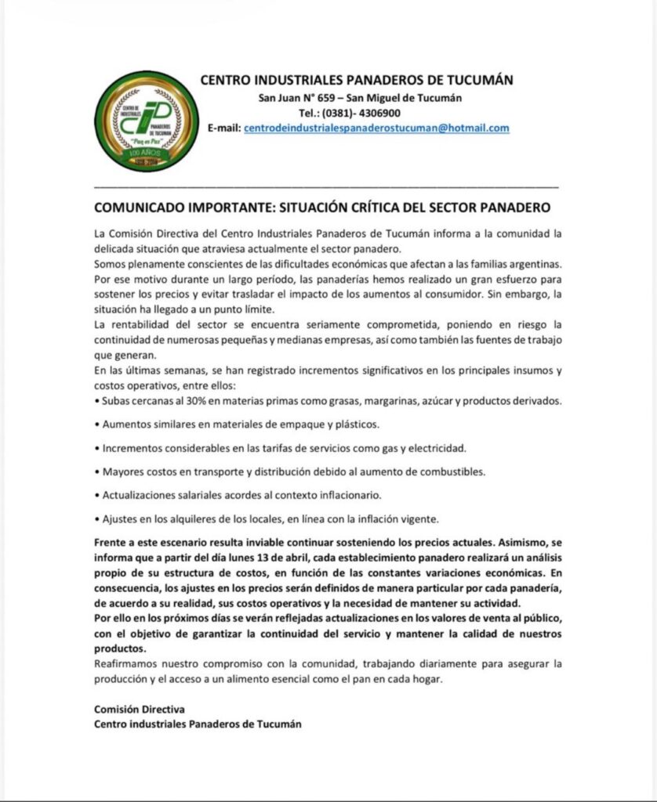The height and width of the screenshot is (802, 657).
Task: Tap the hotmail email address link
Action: click(x=376, y=128)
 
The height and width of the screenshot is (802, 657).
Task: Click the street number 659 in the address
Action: click(x=325, y=98)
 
